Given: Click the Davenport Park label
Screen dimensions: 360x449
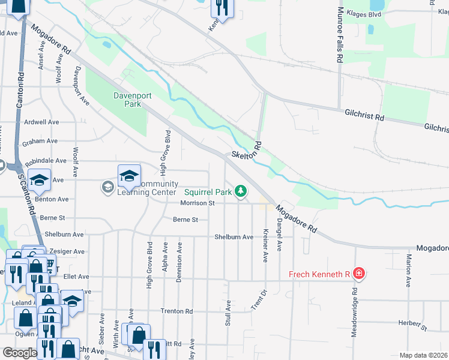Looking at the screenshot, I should click(127, 99).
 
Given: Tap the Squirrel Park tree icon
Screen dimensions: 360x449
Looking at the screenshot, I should click(241, 191).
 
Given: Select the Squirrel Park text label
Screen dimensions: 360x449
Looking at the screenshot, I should click(207, 192).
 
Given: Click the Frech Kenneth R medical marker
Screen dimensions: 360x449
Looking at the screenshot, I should click(359, 274).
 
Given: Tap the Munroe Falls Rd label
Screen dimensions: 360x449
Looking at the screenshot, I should click(340, 35).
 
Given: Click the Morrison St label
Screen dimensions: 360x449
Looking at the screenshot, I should click(197, 203).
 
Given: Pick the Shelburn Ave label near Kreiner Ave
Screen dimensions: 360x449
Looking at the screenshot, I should click(234, 237).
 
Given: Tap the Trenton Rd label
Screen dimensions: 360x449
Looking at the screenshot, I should click(176, 311).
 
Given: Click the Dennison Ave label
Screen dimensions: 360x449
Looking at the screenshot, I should click(179, 257).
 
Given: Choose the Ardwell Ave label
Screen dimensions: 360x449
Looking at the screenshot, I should click(41, 122).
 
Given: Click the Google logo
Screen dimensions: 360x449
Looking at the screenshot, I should click(20, 352).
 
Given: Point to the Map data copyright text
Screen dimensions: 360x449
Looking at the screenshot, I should click(423, 355).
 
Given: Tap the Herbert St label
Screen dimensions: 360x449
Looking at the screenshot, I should click(414, 325).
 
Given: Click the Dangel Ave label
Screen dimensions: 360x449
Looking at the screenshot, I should click(279, 238).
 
